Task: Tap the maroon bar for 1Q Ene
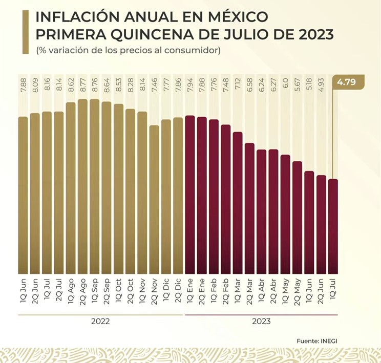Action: click(x=189, y=195)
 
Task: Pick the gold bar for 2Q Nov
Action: click(x=154, y=200)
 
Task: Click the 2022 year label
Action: click(x=101, y=322)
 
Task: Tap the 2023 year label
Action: click(x=261, y=322)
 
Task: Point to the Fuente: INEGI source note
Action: click(x=320, y=340)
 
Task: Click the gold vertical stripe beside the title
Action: click(x=25, y=32)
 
